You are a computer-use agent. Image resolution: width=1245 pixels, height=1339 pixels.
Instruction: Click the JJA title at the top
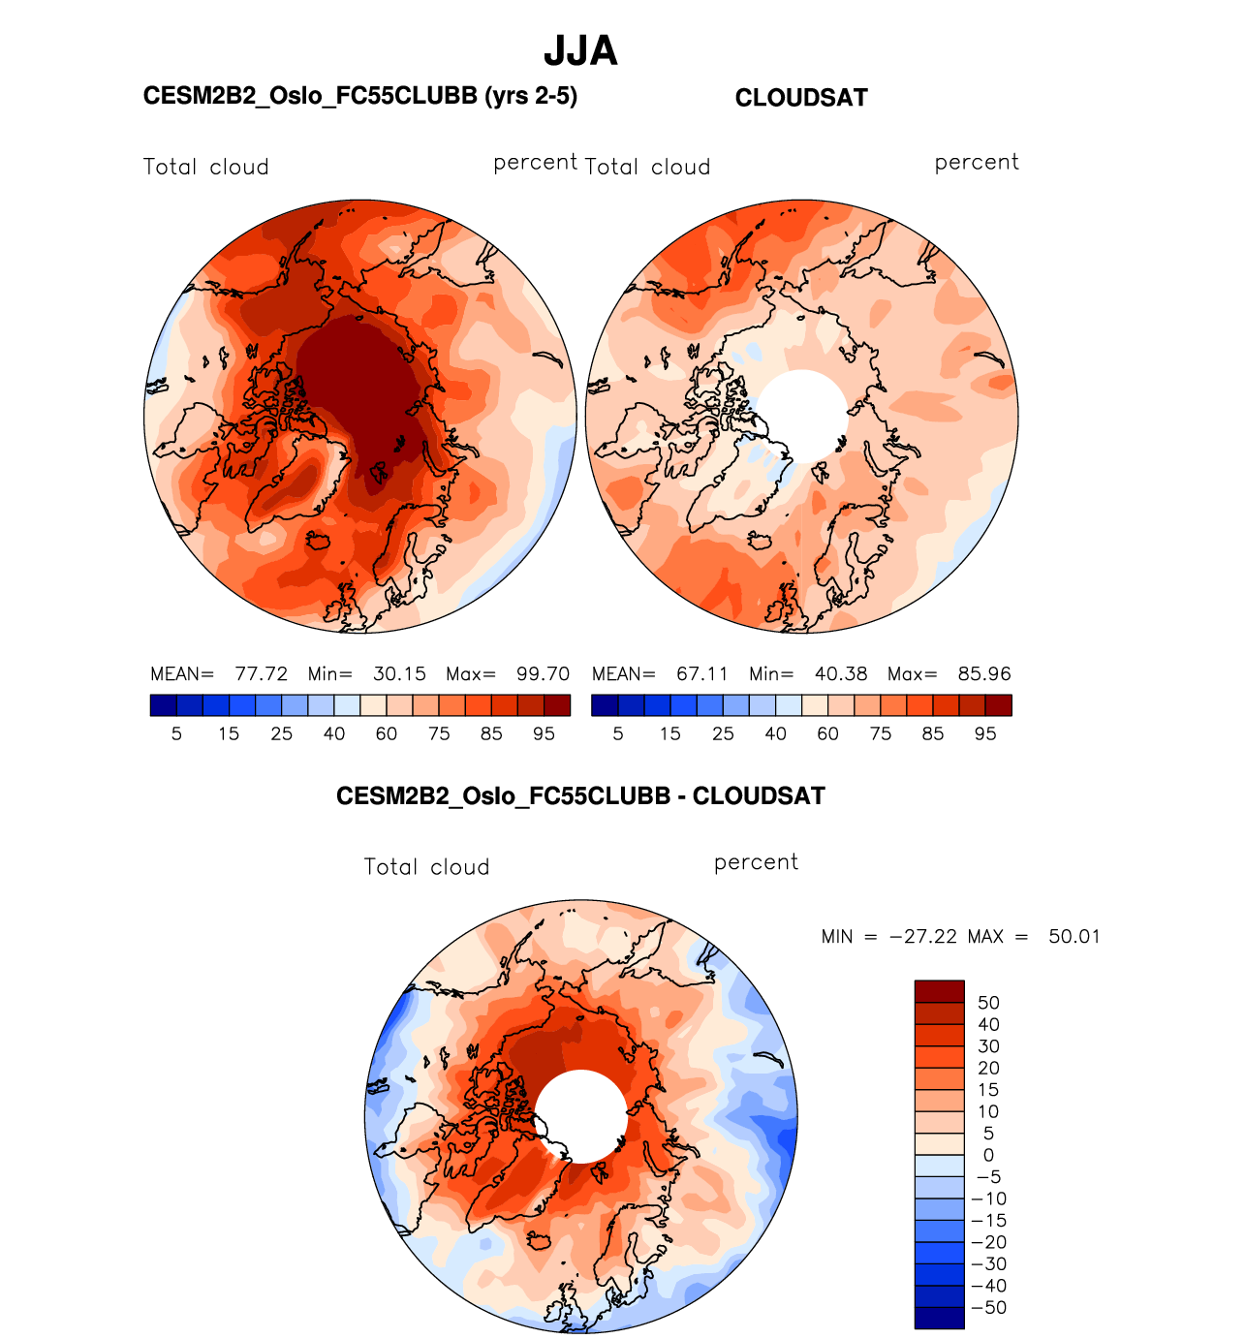point(580,50)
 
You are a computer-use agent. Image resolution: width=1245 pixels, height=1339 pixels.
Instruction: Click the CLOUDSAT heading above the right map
point(801,98)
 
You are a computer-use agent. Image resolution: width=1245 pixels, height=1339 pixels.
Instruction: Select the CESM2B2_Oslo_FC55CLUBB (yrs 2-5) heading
point(359,96)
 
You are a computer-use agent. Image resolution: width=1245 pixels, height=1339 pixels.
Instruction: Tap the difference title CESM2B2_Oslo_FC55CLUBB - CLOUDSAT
point(580,796)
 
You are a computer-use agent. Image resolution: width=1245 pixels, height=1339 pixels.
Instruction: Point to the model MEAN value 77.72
point(262,674)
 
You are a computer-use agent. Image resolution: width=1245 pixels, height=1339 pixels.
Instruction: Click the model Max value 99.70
point(543,674)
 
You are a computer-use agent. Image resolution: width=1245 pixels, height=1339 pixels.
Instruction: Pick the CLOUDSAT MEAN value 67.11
point(702,674)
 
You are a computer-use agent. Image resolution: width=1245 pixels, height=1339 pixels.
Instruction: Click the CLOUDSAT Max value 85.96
point(984,674)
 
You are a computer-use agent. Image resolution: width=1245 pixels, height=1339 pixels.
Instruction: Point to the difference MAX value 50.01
point(1074,937)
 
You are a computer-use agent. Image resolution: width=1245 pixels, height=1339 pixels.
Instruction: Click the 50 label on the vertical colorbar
point(988,1003)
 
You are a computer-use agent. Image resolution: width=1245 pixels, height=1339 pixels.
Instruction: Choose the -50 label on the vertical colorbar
point(989,1308)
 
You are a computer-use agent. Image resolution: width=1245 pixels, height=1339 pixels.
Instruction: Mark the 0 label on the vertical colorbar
point(988,1155)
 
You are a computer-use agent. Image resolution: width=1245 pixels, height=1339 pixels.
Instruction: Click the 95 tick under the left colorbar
point(544,734)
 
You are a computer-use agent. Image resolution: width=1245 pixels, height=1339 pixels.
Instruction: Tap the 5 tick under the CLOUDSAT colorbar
point(618,734)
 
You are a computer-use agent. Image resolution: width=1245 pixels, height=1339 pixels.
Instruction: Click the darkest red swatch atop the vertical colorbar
point(939,991)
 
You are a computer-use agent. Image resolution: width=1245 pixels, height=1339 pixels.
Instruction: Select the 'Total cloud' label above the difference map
point(426,867)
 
